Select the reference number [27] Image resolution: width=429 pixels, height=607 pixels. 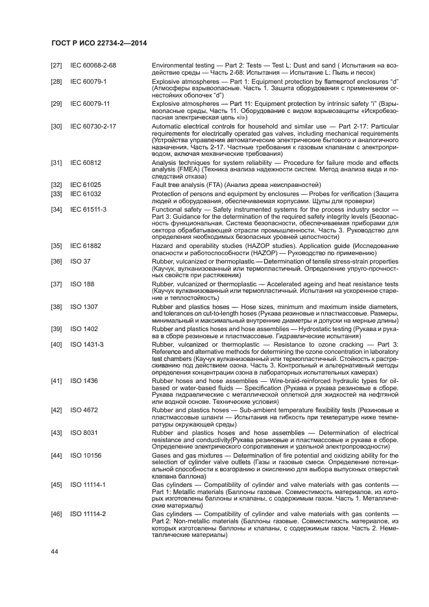point(56,66)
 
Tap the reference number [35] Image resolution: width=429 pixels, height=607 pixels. point(56,246)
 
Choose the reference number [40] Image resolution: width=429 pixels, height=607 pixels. point(56,344)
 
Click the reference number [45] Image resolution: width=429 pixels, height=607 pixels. point(56,484)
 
